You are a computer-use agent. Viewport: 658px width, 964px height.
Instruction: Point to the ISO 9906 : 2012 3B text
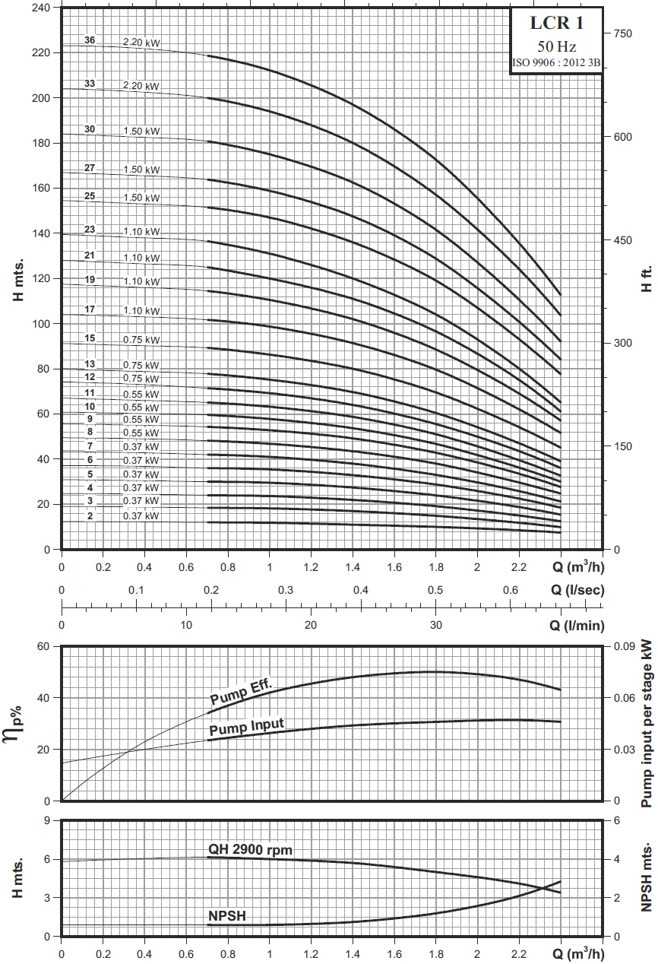556,63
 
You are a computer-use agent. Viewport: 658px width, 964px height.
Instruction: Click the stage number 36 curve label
90,40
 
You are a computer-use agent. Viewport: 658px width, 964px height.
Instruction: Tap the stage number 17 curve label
90,309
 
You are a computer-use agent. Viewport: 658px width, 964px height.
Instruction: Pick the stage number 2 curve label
90,516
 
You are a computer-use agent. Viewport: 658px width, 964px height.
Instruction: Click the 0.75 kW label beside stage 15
141,339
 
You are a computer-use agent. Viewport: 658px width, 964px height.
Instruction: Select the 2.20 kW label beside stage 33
141,86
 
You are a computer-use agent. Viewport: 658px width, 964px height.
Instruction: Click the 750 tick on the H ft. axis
622,33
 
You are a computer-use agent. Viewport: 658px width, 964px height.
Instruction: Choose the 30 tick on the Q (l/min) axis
435,625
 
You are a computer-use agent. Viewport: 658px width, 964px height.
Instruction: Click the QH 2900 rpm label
250,849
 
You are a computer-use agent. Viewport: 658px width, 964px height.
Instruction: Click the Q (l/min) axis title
577,625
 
